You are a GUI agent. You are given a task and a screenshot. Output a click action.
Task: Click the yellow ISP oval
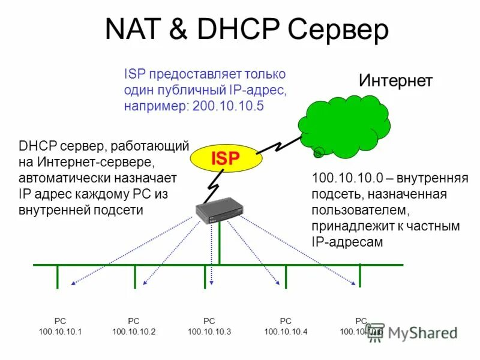[x=226, y=158]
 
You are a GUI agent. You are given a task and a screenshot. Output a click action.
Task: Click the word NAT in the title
[x=133, y=30]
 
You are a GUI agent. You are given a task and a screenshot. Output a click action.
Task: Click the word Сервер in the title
[x=338, y=30]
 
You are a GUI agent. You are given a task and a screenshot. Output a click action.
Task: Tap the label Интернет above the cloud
[x=395, y=81]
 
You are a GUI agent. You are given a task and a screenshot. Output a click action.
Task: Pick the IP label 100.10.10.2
[x=134, y=332]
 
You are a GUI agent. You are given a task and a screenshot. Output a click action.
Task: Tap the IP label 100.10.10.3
[x=209, y=332]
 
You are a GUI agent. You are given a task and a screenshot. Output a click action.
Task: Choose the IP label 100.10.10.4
[x=286, y=332]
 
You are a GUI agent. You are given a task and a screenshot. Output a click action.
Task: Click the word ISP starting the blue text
[x=134, y=74]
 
